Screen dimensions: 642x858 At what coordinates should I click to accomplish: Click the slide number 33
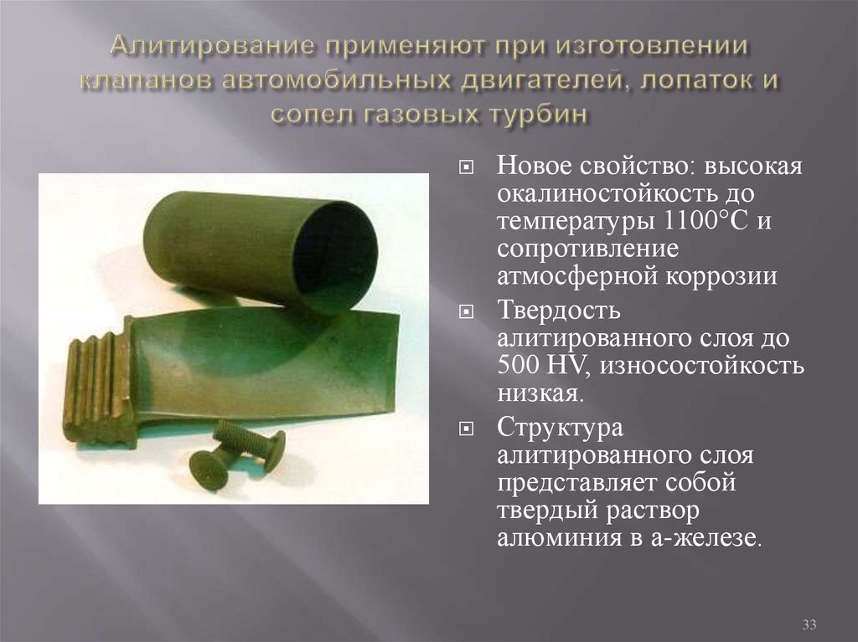pyautogui.click(x=809, y=624)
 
